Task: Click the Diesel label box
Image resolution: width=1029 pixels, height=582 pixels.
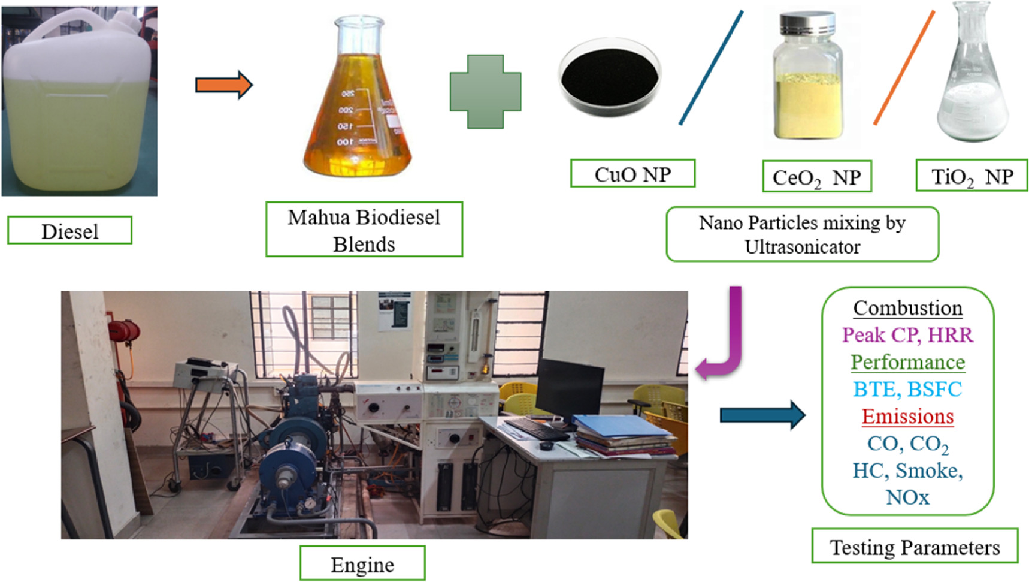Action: tap(69, 231)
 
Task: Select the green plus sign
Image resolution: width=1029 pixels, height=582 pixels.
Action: tap(485, 91)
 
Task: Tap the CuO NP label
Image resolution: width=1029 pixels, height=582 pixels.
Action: tap(632, 174)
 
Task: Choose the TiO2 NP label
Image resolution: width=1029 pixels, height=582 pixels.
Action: tap(972, 177)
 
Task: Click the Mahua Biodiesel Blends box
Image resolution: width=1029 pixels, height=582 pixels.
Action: tap(364, 230)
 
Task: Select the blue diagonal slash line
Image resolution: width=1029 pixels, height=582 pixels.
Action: tap(711, 68)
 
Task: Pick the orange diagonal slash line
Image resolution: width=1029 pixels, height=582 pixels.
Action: tap(904, 68)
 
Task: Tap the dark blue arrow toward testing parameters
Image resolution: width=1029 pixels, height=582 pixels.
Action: tap(762, 415)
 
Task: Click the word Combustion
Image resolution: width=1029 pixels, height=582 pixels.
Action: tap(907, 308)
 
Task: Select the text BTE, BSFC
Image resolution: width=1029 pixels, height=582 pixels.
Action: tap(907, 389)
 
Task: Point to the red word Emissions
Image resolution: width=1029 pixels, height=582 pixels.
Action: tap(907, 416)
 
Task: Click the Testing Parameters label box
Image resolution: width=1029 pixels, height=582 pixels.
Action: tap(915, 547)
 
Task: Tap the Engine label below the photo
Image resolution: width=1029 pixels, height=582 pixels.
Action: tap(362, 563)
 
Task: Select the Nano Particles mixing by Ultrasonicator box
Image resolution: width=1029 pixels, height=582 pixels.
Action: tap(802, 234)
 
